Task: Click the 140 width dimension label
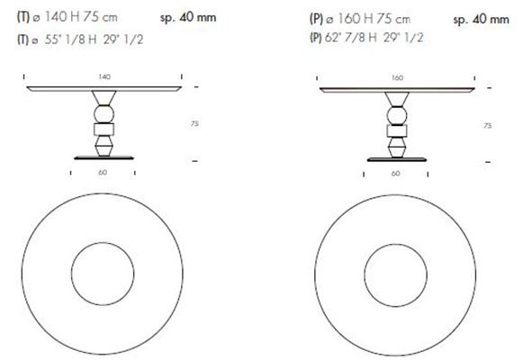point(104,78)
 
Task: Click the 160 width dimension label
point(397,78)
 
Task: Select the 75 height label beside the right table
point(487,126)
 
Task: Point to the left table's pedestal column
point(104,126)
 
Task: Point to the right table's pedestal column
point(397,126)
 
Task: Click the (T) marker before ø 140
point(22,19)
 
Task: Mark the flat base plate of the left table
point(104,157)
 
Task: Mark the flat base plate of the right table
point(397,157)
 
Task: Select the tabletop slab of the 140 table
point(104,90)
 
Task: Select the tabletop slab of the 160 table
point(397,90)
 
